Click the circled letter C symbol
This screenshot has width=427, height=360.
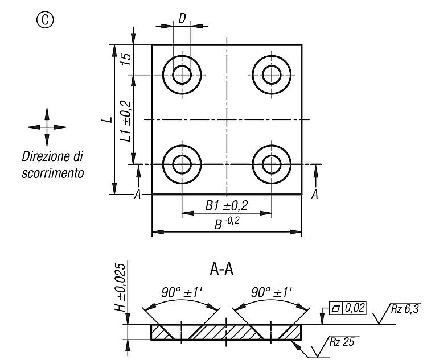coord(45,19)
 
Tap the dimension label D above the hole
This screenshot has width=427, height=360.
coord(182,19)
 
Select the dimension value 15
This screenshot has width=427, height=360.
coord(126,59)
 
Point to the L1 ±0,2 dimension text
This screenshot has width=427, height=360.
coord(126,121)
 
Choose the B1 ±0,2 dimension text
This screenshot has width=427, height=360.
coord(227,206)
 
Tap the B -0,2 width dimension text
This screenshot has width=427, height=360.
coord(227,223)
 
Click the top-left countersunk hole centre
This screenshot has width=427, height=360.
coord(182,75)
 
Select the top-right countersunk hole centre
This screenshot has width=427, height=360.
coord(272,75)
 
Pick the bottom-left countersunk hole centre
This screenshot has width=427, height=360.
coord(182,164)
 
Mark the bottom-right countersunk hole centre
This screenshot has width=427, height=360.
coord(272,164)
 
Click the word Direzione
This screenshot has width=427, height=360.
coord(44,156)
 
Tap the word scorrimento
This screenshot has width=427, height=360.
coord(52,173)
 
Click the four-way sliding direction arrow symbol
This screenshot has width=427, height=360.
coord(47,127)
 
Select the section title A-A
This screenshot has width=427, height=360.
coord(221,270)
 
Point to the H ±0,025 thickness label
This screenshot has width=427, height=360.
coord(120,287)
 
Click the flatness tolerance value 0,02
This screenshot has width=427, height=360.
coord(355,308)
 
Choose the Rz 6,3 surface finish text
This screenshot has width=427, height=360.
coord(405,309)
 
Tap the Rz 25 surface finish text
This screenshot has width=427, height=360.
coord(342,342)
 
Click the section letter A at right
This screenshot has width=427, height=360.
coord(315,195)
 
